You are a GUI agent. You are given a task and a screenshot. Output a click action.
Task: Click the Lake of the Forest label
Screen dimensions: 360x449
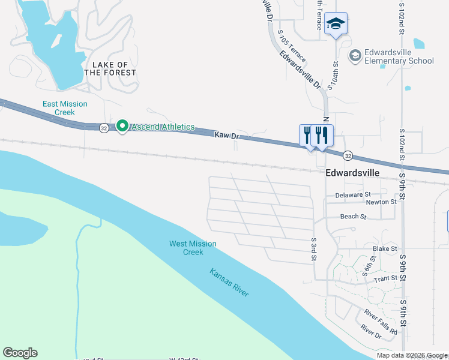point(110,68)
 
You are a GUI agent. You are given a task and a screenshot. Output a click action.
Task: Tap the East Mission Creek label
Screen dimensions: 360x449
point(65,108)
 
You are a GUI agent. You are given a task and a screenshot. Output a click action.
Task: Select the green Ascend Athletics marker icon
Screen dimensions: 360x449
point(122,127)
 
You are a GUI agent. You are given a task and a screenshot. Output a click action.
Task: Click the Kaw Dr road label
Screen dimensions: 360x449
point(227,136)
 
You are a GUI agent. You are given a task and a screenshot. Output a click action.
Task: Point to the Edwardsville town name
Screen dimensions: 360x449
point(352,172)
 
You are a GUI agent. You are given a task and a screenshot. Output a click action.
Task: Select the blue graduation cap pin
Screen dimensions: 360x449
point(336,24)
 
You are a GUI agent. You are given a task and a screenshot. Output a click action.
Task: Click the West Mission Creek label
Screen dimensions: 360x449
point(193,248)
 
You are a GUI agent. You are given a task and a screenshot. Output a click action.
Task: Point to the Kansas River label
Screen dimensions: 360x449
point(229,281)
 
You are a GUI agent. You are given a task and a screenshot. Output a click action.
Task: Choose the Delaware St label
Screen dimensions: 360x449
point(354,195)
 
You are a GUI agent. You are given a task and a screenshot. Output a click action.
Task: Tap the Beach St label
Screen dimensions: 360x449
point(353,216)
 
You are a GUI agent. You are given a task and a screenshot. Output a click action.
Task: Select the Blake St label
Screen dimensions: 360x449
point(385,248)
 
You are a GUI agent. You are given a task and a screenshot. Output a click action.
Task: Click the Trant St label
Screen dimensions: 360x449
point(385,278)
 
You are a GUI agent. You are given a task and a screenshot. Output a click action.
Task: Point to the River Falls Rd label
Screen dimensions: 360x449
point(381,322)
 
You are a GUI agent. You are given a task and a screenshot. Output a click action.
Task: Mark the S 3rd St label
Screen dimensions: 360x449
point(313,250)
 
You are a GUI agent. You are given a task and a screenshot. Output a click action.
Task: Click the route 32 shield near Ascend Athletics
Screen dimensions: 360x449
point(104,128)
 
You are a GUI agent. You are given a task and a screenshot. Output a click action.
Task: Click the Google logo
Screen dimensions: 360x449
point(20,353)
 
